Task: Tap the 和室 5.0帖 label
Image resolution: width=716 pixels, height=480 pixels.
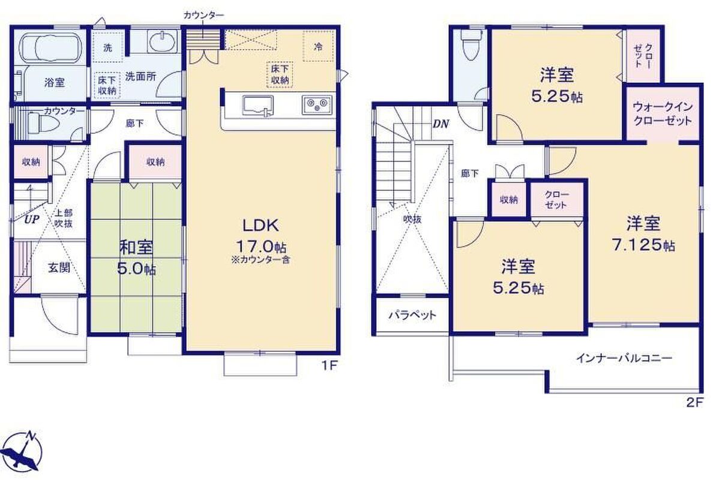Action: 136,258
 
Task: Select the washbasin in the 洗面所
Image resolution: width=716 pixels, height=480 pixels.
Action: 162,41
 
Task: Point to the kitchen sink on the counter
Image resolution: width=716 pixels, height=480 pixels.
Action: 257,104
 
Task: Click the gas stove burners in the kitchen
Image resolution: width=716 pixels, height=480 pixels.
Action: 317,104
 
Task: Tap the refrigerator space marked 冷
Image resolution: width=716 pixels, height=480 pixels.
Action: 318,46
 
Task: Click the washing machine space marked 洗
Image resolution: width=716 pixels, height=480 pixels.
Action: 107,47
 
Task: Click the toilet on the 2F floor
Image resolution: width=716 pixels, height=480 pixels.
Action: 470,46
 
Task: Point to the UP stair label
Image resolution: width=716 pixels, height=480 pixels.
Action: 31,220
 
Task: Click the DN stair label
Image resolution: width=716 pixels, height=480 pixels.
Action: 441,124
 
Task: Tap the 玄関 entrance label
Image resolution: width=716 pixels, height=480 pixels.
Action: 59,267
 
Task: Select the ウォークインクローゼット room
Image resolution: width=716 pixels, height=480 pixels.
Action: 663,113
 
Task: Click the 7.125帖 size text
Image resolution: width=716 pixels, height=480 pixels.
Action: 643,245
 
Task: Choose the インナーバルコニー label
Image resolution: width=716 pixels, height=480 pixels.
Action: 624,358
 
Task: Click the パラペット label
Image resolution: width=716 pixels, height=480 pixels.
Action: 412,315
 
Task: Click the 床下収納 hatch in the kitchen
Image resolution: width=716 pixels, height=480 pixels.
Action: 280,75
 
